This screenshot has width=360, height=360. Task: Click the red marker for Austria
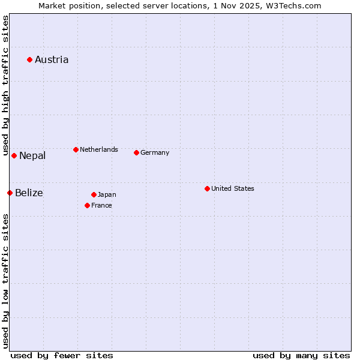pyautogui.click(x=29, y=59)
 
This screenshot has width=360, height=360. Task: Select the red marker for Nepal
pyautogui.click(x=14, y=155)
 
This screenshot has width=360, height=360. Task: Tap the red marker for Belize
pyautogui.click(x=10, y=193)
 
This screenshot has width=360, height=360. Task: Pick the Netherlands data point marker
pyautogui.click(x=76, y=149)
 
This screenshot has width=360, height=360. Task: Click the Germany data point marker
pyautogui.click(x=136, y=152)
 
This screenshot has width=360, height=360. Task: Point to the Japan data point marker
pyautogui.click(x=94, y=194)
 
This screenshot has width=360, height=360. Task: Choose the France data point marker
pyautogui.click(x=87, y=205)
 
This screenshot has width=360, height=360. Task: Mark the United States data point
pyautogui.click(x=207, y=188)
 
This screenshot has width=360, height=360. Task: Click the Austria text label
pyautogui.click(x=52, y=59)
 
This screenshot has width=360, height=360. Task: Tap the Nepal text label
pyautogui.click(x=32, y=156)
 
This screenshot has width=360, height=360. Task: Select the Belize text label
pyautogui.click(x=29, y=193)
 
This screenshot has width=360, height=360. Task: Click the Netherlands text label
pyautogui.click(x=99, y=149)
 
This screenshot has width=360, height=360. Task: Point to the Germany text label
pyautogui.click(x=155, y=152)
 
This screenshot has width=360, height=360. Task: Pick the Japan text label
pyautogui.click(x=107, y=194)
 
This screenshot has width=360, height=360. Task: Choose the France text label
pyautogui.click(x=101, y=205)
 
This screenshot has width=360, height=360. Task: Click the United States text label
pyautogui.click(x=233, y=188)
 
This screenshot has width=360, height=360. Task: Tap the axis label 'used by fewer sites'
pyautogui.click(x=62, y=355)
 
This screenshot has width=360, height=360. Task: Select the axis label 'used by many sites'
pyautogui.click(x=301, y=355)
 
